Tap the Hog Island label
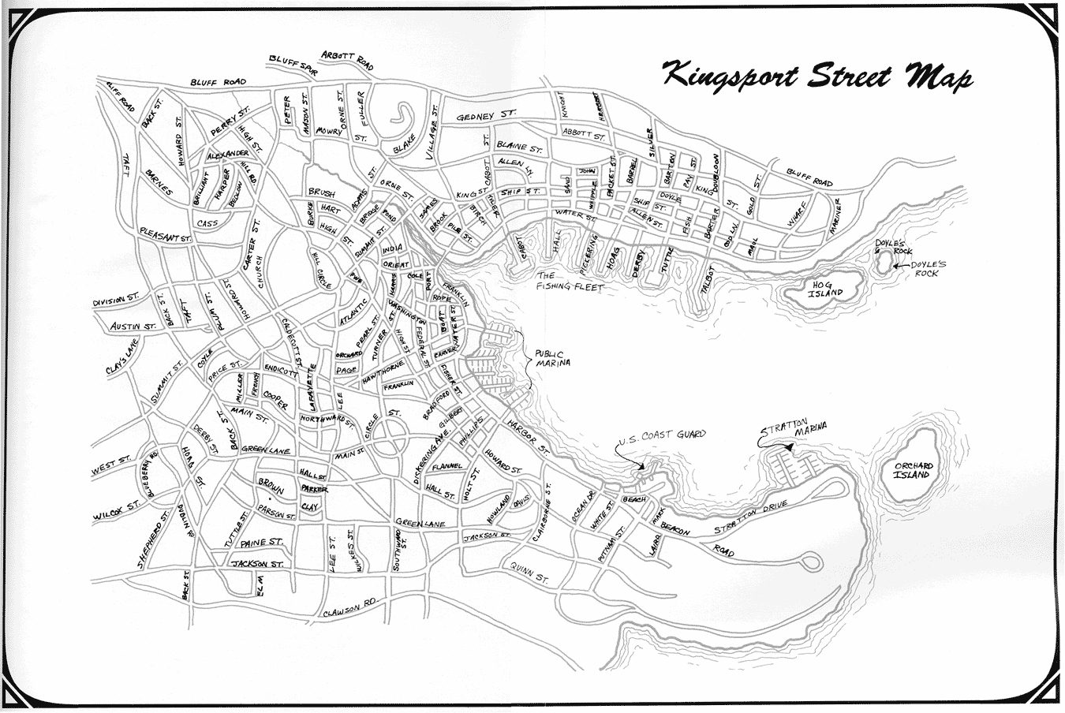click(x=824, y=288)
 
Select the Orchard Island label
click(x=914, y=470)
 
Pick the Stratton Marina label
click(x=794, y=430)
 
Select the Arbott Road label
click(x=347, y=61)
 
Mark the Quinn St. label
click(x=529, y=573)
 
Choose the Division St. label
click(x=115, y=301)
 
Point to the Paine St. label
click(x=262, y=543)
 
